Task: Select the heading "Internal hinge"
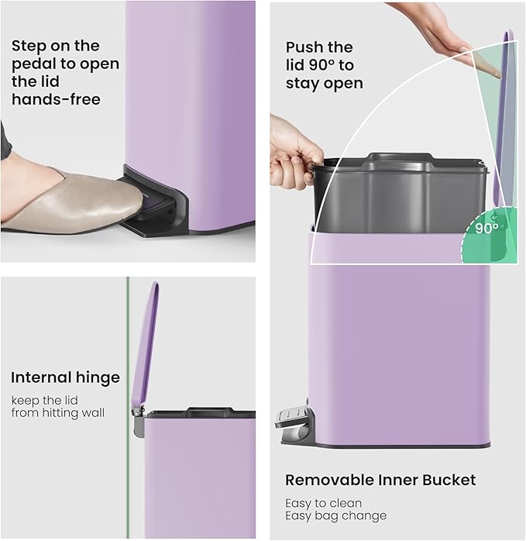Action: point(65,378)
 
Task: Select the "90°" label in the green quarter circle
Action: point(486,229)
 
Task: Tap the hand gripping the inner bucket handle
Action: point(294,151)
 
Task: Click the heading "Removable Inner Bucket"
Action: point(380,480)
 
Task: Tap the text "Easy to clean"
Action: point(323,502)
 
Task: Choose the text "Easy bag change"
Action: point(335,515)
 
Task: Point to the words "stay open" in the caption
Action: point(324,83)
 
